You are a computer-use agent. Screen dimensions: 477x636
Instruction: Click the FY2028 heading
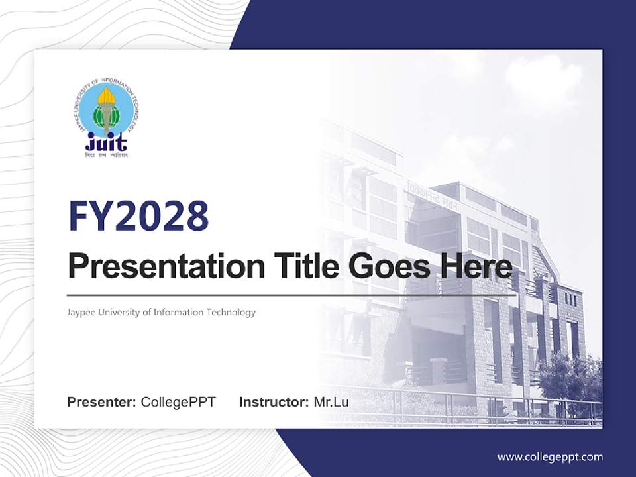click(x=138, y=217)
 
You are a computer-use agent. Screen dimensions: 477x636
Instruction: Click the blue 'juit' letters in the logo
click(x=107, y=141)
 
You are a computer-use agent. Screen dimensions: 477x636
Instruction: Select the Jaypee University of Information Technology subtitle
click(x=161, y=312)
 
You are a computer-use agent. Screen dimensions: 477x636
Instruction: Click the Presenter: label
click(x=102, y=402)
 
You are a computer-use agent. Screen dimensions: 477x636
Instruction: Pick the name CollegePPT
click(x=178, y=402)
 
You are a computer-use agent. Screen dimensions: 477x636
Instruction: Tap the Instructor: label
click(x=274, y=402)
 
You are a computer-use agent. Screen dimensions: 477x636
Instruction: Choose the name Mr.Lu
click(x=331, y=402)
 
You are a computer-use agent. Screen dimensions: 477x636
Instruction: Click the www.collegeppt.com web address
click(x=550, y=456)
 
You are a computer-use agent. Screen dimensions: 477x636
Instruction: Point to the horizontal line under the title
click(x=291, y=295)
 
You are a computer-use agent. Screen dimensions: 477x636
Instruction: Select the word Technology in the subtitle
click(x=233, y=312)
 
